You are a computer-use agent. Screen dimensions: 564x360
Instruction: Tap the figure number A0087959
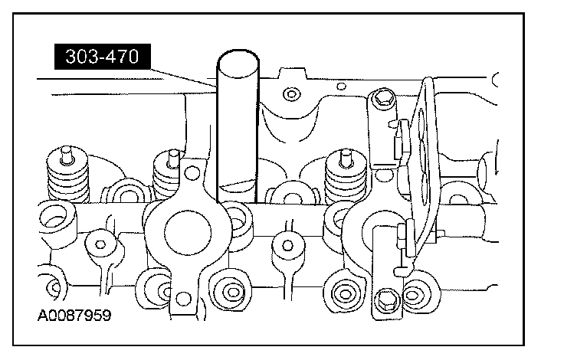pyautogui.click(x=70, y=315)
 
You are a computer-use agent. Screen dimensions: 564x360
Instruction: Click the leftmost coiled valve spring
pyautogui.click(x=65, y=176)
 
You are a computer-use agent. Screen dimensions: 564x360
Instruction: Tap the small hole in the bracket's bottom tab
pyautogui.click(x=182, y=295)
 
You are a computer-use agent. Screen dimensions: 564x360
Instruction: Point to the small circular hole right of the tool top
pyautogui.click(x=289, y=95)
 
